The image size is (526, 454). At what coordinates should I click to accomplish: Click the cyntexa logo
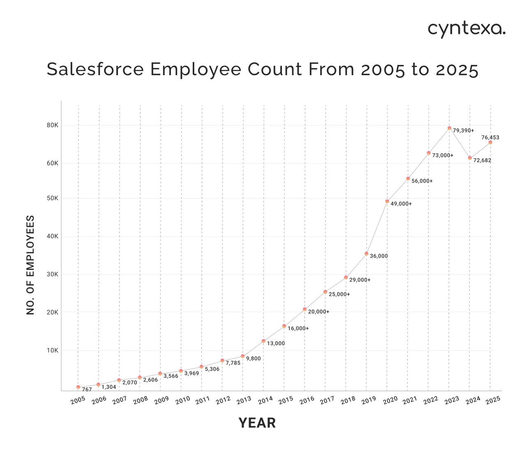466,29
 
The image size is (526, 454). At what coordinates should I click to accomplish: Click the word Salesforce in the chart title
95,69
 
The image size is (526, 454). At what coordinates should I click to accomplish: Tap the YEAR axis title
257,423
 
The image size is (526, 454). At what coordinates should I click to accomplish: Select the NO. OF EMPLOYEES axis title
30,265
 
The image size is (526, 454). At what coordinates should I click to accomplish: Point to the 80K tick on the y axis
53,125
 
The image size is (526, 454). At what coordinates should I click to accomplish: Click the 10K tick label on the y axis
53,350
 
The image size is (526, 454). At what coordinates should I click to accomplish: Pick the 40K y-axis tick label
53,236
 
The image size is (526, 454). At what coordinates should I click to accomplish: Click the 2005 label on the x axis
78,400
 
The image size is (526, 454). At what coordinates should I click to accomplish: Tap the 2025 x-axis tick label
493,400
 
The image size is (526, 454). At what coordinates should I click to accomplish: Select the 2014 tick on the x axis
265,400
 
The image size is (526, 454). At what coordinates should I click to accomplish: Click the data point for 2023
449,128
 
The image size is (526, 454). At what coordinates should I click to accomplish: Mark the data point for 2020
387,201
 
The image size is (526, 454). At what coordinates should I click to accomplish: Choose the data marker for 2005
78,387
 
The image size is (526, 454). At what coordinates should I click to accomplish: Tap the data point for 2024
470,158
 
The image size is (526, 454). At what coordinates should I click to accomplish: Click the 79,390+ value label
464,131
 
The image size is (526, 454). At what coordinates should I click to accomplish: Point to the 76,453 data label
490,138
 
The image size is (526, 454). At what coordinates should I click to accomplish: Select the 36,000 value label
379,256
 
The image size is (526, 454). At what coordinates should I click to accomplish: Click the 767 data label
87,389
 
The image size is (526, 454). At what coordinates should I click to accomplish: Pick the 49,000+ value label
401,204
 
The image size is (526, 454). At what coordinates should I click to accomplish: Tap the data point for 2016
305,309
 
